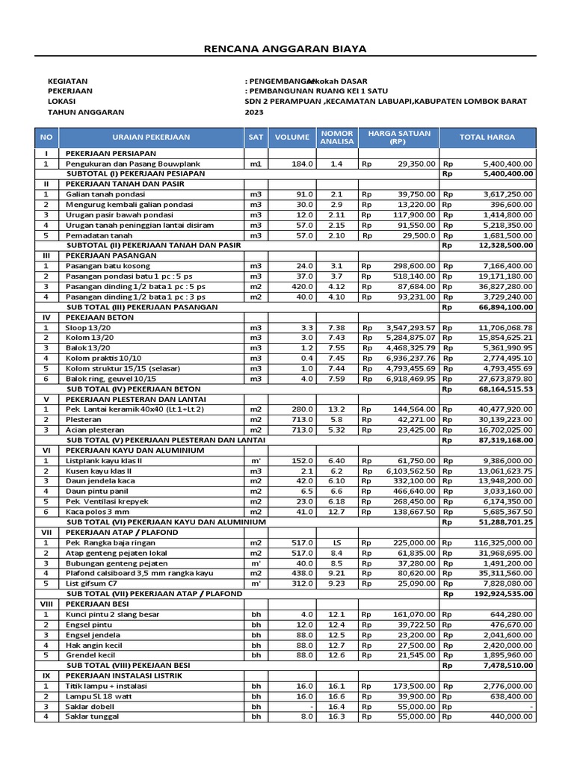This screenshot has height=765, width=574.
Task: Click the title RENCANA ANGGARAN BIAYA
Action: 286,49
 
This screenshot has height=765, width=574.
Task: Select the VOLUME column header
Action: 291,137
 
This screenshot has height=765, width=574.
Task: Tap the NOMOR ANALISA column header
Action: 336,137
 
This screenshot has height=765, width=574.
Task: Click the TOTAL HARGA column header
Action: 487,137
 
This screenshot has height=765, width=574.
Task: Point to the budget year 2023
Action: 254,112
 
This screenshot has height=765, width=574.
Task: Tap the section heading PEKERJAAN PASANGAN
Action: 111,255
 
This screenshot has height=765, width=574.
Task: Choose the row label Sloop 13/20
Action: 87,327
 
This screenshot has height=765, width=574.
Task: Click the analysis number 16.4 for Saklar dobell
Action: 336,706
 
